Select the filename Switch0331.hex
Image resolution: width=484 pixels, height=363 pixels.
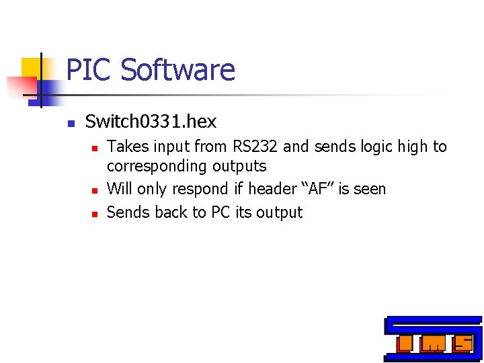pyautogui.click(x=151, y=122)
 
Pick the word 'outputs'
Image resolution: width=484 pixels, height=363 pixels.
pyautogui.click(x=239, y=166)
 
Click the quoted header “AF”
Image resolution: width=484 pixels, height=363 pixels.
pyautogui.click(x=317, y=189)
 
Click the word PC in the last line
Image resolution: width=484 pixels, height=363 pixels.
pyautogui.click(x=220, y=212)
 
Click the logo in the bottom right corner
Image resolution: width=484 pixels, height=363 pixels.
pyautogui.click(x=433, y=338)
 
